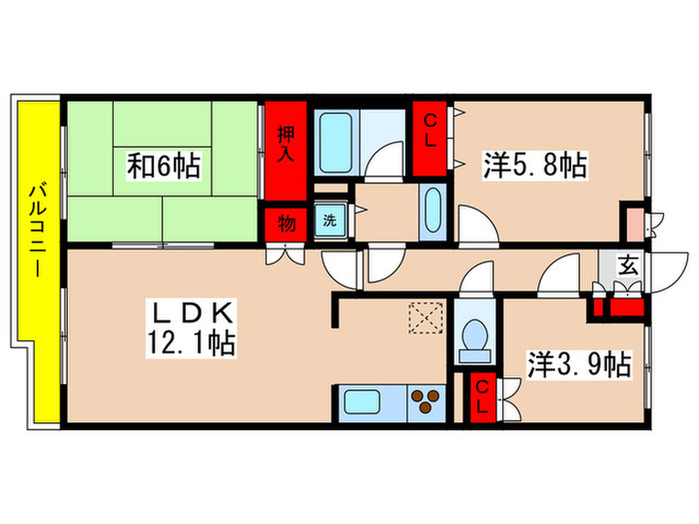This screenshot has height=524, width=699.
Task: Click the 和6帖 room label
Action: [x=164, y=164]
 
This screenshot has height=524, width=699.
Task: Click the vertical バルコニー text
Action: [x=35, y=231]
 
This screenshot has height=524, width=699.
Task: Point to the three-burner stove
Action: [x=427, y=402]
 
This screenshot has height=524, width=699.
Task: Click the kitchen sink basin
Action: [x=371, y=403]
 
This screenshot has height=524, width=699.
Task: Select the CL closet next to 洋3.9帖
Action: [x=481, y=397]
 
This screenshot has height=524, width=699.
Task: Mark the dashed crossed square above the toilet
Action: [x=427, y=318]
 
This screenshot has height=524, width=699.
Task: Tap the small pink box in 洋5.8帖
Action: [x=633, y=218]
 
